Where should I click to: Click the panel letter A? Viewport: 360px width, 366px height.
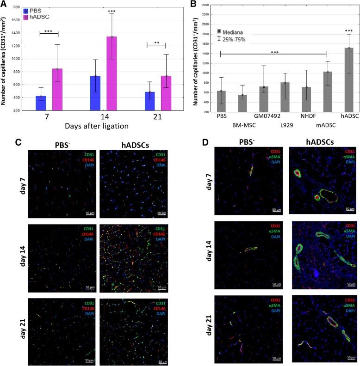(5, 4)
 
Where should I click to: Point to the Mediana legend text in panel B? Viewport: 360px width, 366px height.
(236, 32)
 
